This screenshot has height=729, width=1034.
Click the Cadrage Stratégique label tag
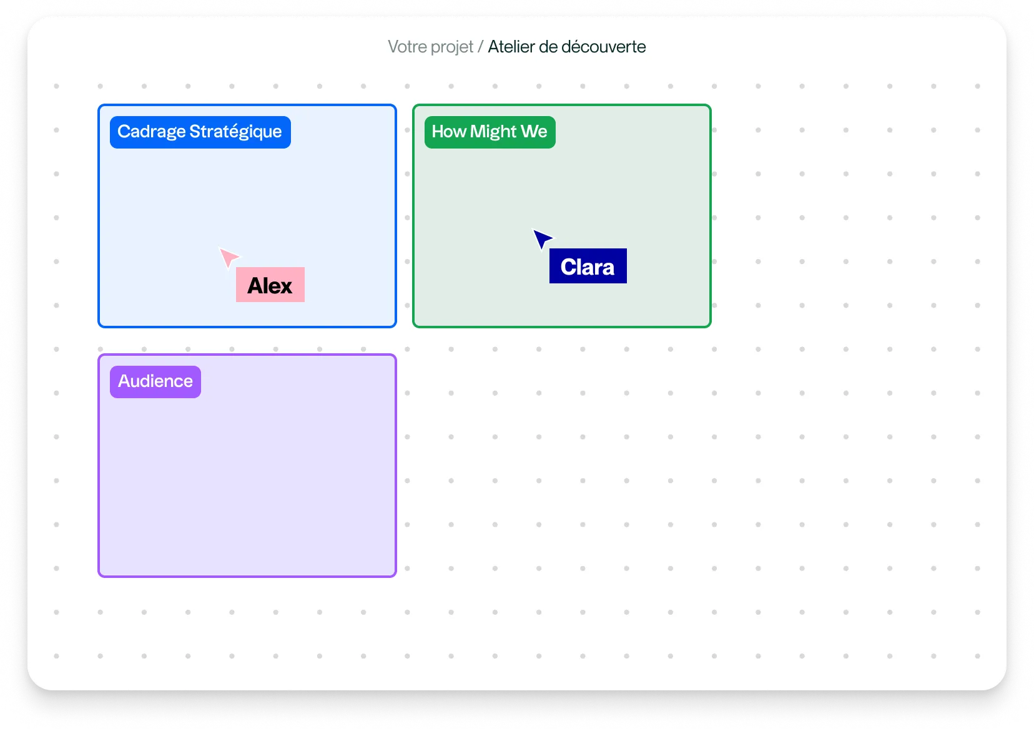[x=200, y=132]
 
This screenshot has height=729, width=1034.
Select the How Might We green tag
[x=490, y=132]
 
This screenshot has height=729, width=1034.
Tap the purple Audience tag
[x=155, y=381]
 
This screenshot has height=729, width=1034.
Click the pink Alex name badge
[x=270, y=285]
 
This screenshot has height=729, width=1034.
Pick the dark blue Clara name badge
[x=588, y=266]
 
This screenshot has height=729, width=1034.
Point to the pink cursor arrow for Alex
[x=228, y=257]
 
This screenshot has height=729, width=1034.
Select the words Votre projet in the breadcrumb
[x=430, y=47]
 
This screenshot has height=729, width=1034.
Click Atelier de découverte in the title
[x=567, y=47]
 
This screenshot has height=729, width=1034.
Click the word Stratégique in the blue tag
[x=235, y=132]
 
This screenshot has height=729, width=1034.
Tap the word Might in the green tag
[x=493, y=132]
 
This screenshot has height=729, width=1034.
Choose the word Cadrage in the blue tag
[x=151, y=132]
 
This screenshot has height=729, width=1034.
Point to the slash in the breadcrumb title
[x=481, y=47]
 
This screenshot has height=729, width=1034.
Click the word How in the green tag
[x=449, y=132]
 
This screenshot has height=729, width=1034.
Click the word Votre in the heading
[x=407, y=47]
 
